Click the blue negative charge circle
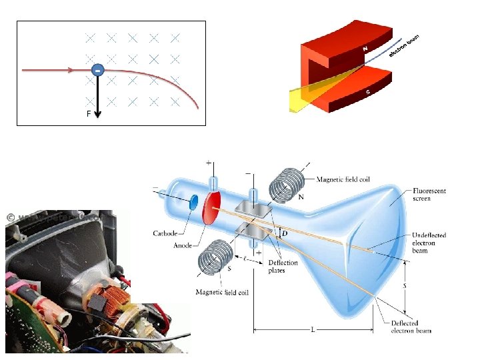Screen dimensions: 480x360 [97, 69]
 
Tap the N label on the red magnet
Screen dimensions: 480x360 [365, 48]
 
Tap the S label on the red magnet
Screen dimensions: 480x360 [368, 92]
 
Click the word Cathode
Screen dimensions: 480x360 [167, 233]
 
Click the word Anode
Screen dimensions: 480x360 [183, 245]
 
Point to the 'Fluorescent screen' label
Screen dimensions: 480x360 [429, 195]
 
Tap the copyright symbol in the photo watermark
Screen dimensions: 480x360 [11, 217]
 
